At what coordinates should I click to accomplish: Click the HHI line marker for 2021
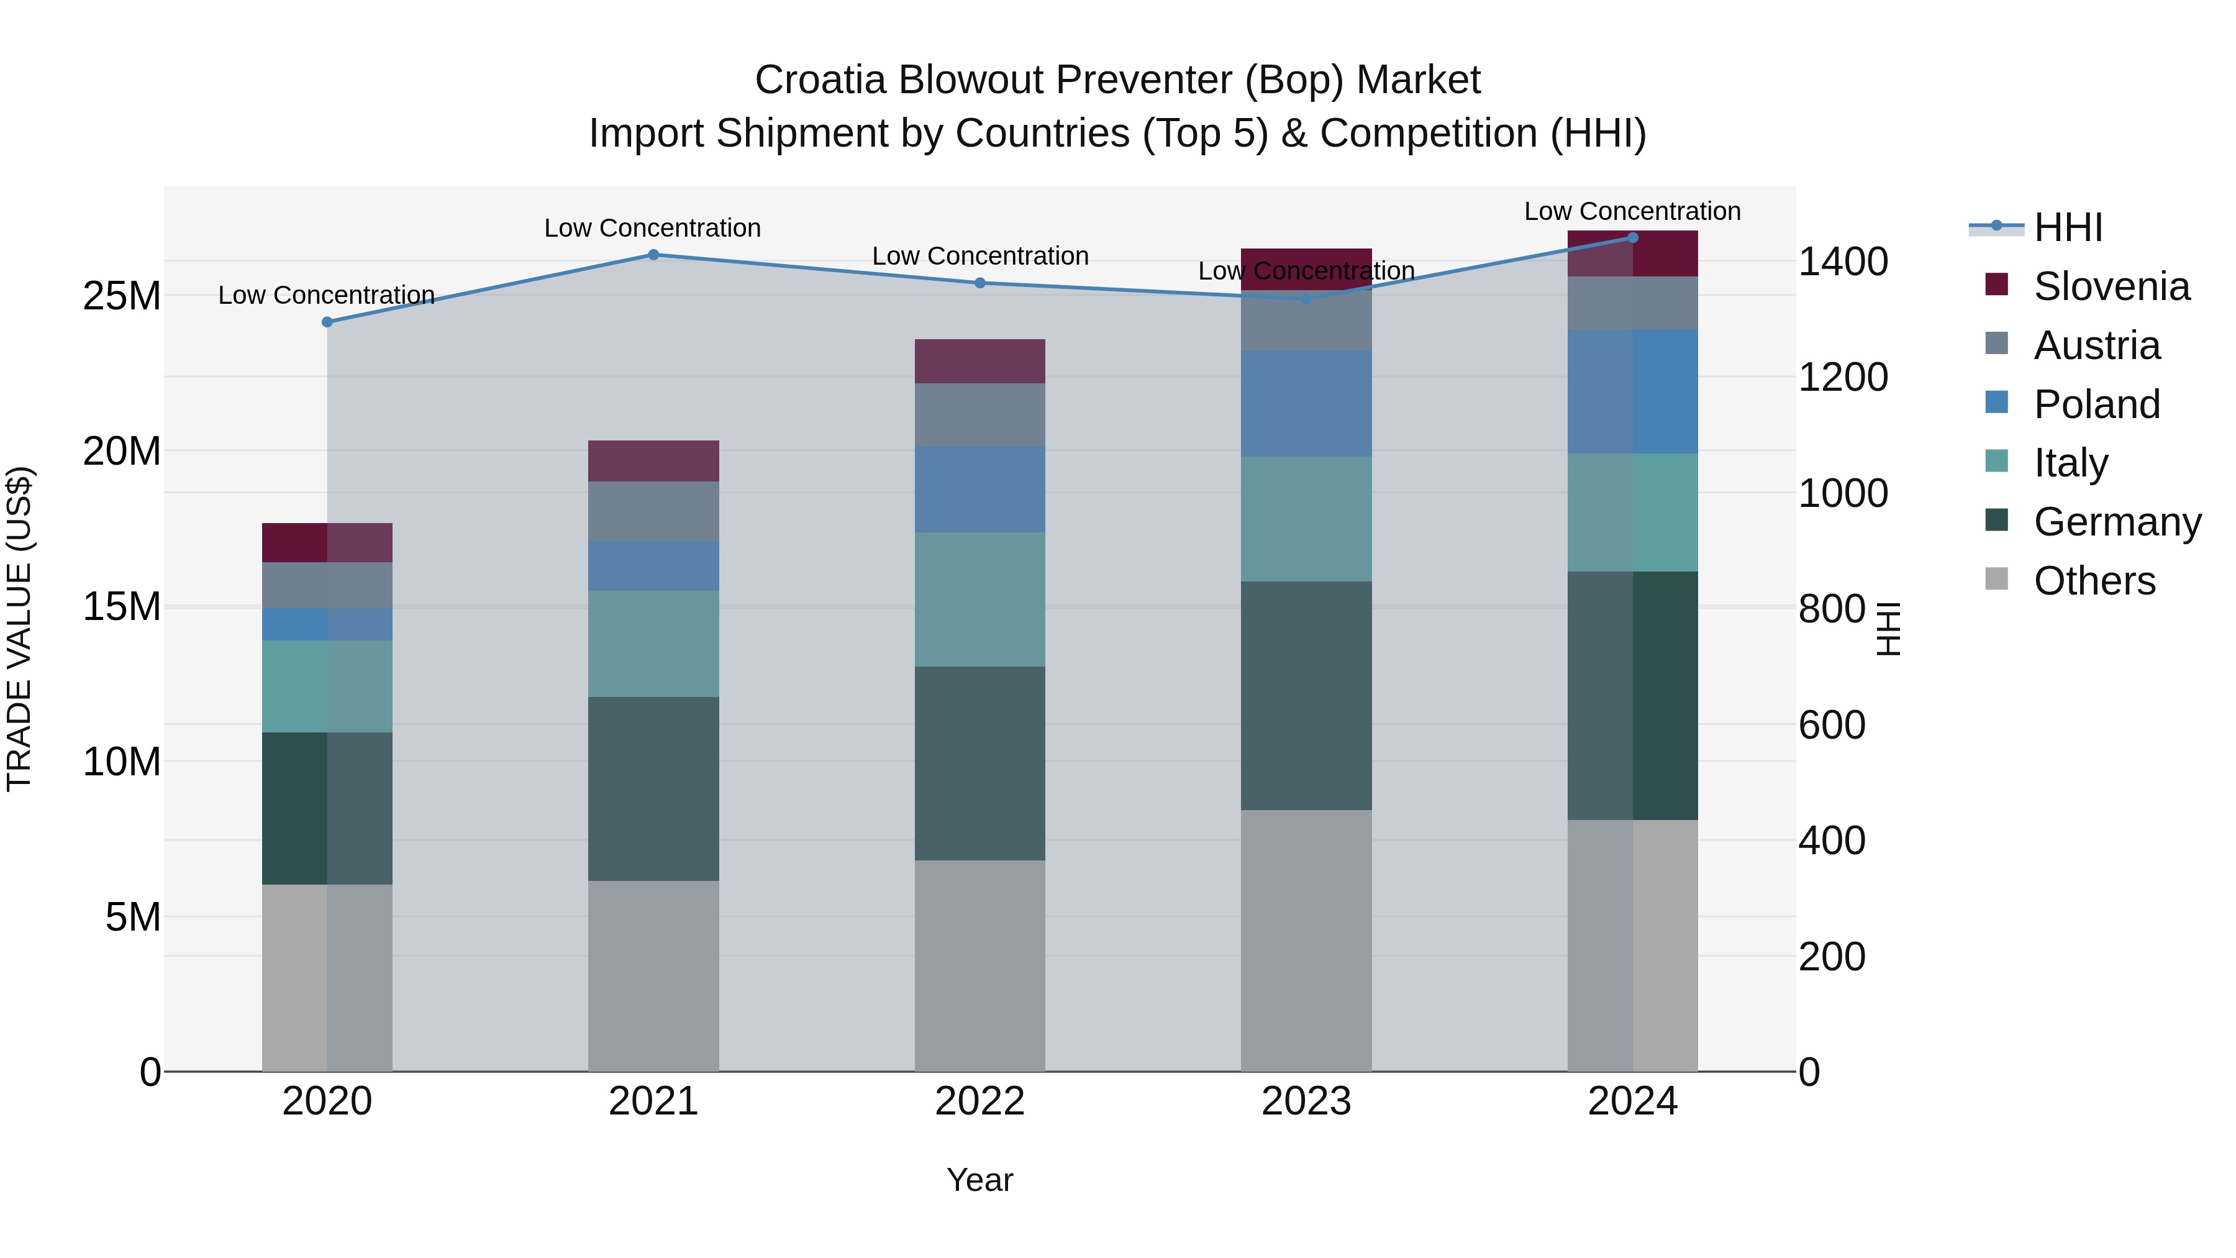[653, 254]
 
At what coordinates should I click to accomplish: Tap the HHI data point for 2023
[1306, 299]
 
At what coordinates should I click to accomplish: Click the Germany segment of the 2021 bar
[653, 788]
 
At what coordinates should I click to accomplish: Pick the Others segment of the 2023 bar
[1306, 941]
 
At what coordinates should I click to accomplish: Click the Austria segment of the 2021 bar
[653, 511]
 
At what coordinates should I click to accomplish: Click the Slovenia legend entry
[2111, 286]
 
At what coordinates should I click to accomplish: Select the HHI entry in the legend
[2068, 227]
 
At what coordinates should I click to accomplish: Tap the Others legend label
[2094, 580]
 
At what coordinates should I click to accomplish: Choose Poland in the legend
[2096, 404]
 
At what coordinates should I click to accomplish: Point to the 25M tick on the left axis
[122, 296]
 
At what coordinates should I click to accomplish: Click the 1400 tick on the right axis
[1842, 262]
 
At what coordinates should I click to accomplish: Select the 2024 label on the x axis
[1632, 1101]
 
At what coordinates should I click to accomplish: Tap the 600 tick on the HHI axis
[1832, 725]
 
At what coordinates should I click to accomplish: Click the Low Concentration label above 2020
[326, 295]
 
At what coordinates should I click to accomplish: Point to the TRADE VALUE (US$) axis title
[19, 629]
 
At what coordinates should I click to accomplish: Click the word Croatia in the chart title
[820, 80]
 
